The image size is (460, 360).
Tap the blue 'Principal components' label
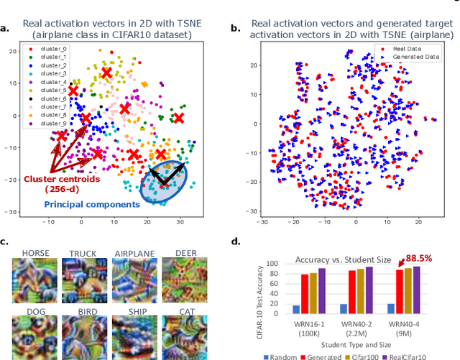pyautogui.click(x=91, y=204)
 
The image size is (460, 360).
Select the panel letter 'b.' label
pyautogui.click(x=235, y=28)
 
